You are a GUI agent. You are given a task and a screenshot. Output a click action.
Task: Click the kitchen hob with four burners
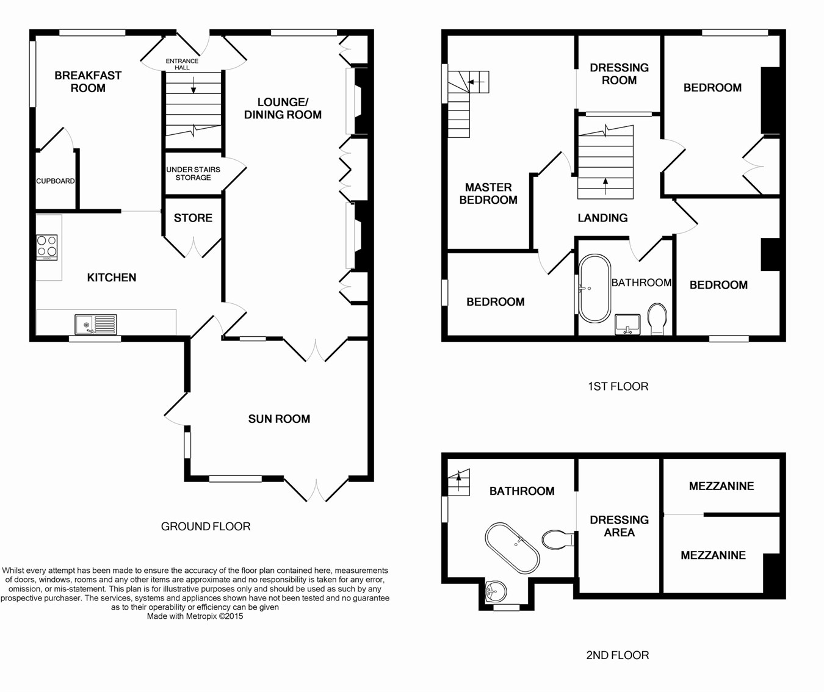click(47, 247)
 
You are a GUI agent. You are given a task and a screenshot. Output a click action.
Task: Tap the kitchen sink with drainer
click(96, 324)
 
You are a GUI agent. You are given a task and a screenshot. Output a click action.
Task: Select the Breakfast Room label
click(88, 82)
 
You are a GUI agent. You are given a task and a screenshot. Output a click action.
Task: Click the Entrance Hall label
click(182, 64)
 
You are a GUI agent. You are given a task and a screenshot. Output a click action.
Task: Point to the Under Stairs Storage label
click(193, 173)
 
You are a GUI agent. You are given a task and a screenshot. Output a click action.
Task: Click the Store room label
click(193, 218)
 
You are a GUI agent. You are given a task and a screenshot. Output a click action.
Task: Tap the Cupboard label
click(56, 181)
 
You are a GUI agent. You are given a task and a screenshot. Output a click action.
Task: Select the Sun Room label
click(279, 419)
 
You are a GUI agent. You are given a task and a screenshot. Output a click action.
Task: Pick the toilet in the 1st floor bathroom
click(657, 319)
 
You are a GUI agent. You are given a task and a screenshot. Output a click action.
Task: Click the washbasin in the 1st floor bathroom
click(627, 324)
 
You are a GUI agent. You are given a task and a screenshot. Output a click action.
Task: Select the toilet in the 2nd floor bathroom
click(558, 539)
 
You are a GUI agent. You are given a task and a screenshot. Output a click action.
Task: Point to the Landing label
click(602, 218)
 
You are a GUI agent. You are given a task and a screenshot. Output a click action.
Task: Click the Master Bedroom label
click(488, 193)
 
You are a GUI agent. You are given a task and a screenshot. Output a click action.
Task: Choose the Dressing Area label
click(619, 526)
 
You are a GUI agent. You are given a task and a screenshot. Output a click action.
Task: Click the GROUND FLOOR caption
click(206, 526)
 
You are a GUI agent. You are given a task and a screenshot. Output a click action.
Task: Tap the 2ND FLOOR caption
click(618, 655)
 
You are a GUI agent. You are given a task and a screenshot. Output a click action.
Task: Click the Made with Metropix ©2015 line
click(195, 616)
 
